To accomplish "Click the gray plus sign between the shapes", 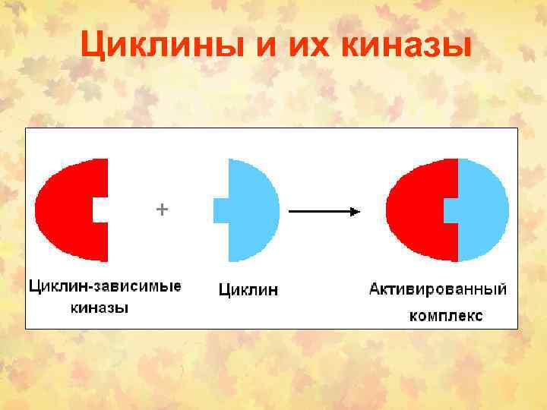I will [161, 209].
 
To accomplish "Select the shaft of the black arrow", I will [319, 213].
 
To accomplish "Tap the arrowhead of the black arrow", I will [355, 213].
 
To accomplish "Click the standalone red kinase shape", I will [65, 209].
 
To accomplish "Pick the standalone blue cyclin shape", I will [255, 210].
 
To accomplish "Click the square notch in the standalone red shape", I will [100, 210].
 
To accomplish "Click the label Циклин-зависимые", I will [105, 287].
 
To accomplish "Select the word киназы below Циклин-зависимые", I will [99, 308].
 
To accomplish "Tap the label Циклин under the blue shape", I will [248, 289].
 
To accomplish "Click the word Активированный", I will [438, 289].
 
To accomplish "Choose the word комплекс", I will [445, 315].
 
